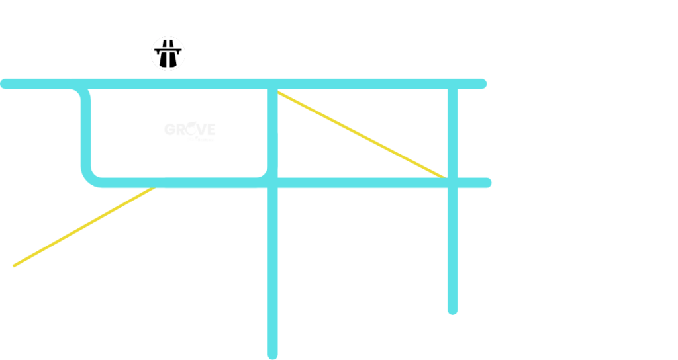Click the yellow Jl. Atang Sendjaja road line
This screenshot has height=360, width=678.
tap(79, 228)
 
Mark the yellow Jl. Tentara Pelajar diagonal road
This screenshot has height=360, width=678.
tap(361, 136)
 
